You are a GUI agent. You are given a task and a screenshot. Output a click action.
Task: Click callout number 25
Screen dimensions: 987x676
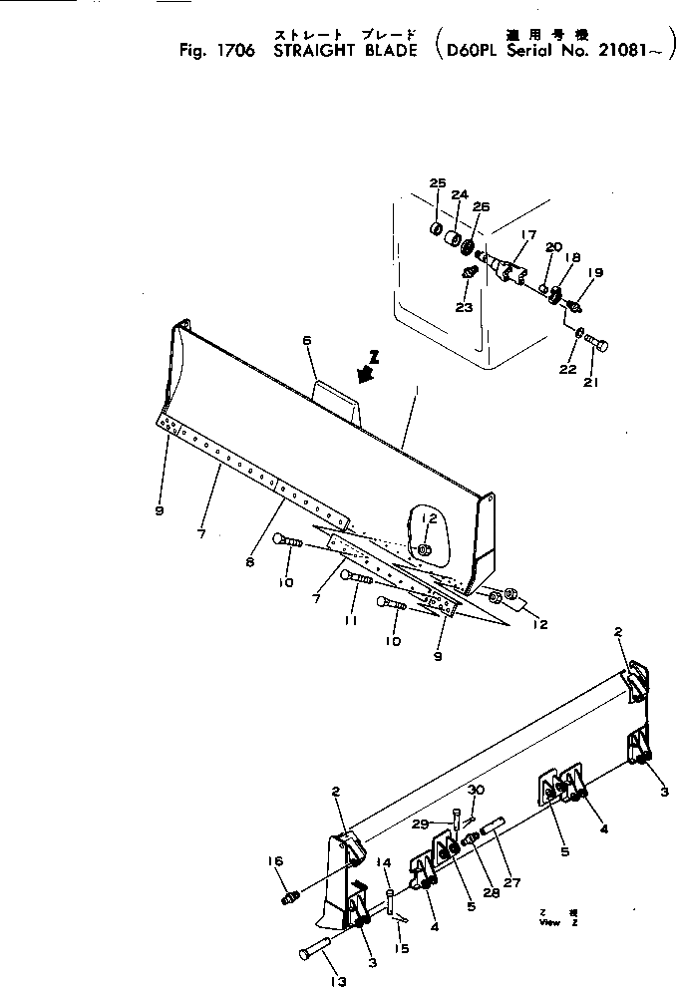point(437,182)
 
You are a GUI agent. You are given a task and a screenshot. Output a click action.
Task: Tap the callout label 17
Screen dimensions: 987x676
point(528,235)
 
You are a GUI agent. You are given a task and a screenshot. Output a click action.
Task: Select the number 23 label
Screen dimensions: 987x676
point(464,307)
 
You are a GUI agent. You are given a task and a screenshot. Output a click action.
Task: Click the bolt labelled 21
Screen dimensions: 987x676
point(597,344)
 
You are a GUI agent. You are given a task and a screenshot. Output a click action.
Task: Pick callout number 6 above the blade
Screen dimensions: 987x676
point(308,340)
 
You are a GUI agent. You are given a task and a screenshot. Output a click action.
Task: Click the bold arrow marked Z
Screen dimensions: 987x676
point(366,371)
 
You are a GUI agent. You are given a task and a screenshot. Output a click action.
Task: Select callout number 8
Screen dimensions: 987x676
point(249,562)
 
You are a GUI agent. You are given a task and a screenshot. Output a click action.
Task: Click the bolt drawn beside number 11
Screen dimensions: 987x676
point(356,577)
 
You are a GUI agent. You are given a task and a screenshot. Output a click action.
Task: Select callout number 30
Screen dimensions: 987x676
point(476,791)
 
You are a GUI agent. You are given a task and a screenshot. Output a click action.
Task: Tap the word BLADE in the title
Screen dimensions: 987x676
point(386,50)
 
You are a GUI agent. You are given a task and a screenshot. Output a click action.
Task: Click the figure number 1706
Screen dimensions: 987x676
point(235,50)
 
